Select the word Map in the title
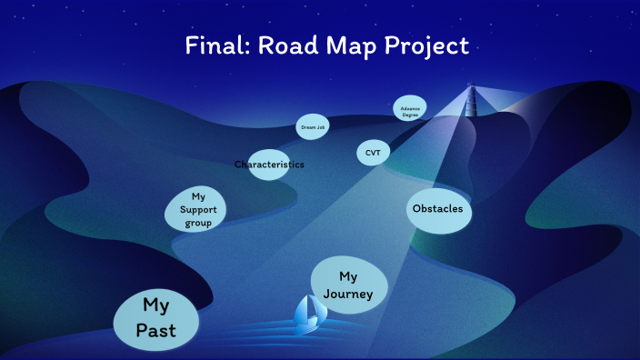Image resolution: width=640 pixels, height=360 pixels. pos(334,45)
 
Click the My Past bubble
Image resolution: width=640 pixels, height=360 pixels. pos(155,317)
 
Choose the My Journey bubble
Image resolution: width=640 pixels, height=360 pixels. pos(349,284)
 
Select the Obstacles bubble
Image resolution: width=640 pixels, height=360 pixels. pos(437,209)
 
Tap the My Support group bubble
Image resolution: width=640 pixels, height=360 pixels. pos(196,209)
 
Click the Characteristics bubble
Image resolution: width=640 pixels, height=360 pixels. pos(269,165)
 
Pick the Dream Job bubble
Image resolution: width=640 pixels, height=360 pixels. pos(312,128)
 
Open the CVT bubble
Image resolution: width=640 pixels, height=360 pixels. pos(373,153)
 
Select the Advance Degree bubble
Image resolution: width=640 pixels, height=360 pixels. pos(409,109)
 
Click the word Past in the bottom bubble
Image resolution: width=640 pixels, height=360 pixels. pos(155,331)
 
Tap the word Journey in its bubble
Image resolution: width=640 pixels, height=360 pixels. pos(349,293)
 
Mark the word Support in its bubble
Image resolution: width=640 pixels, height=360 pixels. pos(197,209)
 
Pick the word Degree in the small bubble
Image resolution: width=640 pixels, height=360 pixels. pos(409,112)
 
